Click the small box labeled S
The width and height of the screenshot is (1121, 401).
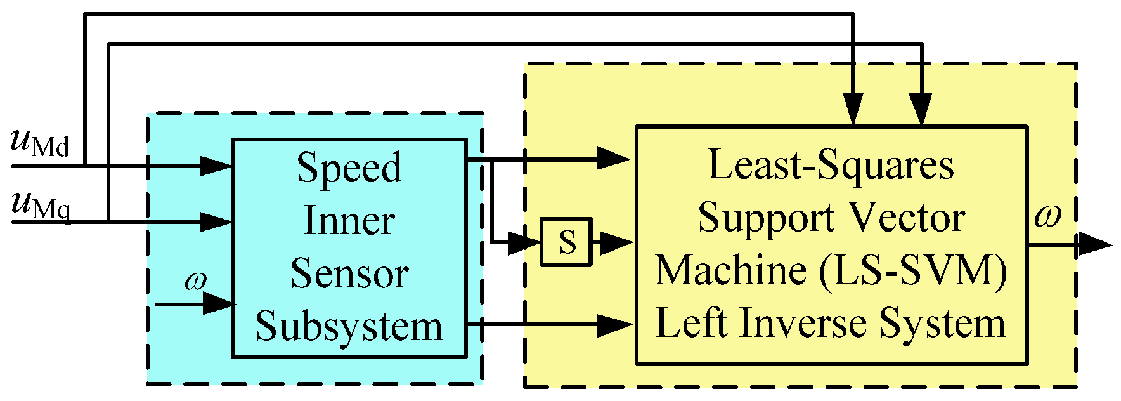(566, 242)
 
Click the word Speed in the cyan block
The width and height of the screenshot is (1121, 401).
(349, 168)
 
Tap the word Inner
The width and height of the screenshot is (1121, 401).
(349, 220)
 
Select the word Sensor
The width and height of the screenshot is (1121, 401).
(349, 273)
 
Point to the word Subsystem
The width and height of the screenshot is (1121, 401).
(349, 326)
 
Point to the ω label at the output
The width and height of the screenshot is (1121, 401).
(1047, 216)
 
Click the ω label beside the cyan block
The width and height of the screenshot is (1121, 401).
(196, 280)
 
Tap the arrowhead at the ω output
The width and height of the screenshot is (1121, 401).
(1096, 244)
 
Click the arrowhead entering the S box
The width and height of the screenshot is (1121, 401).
(525, 242)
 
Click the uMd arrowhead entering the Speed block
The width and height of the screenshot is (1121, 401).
(216, 166)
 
